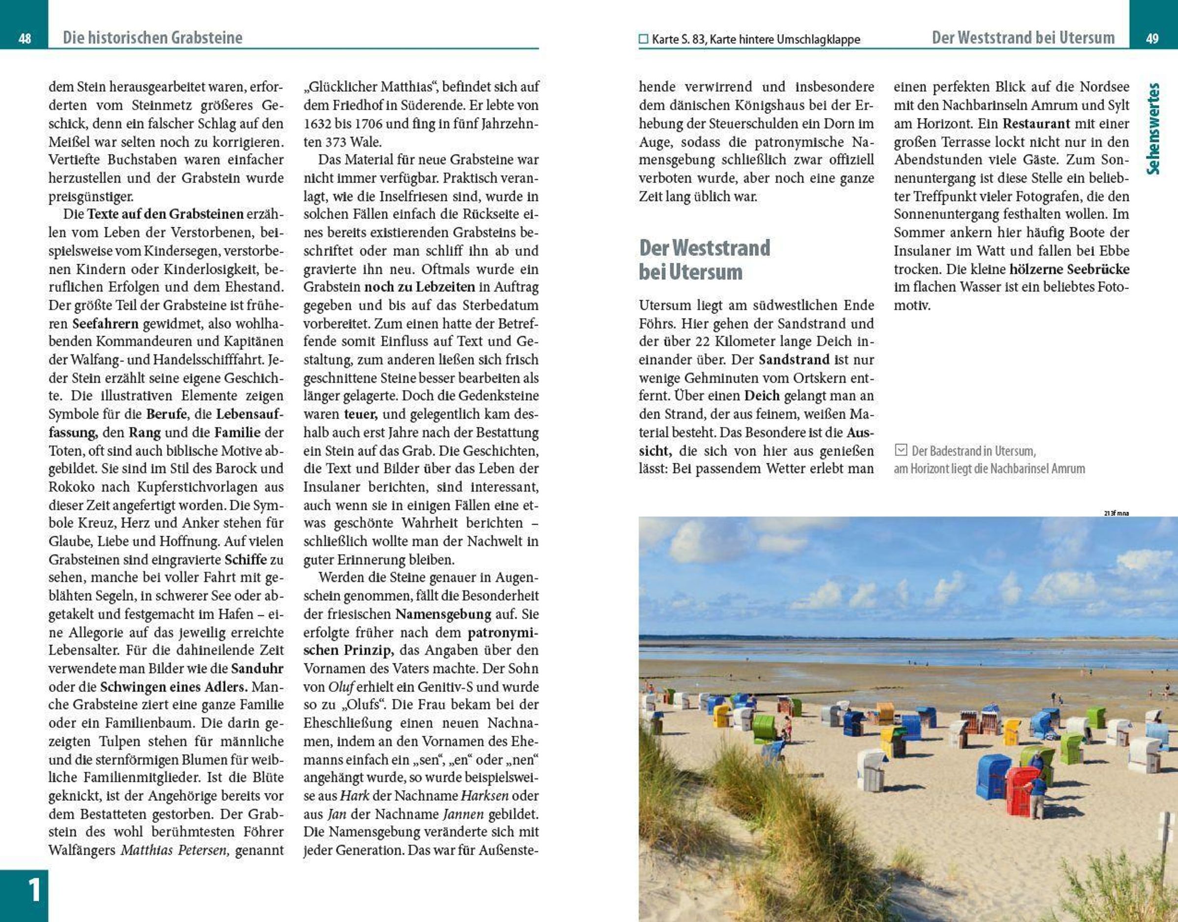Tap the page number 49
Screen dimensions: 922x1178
pyautogui.click(x=1152, y=39)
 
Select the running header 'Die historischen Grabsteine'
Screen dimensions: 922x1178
pyautogui.click(x=152, y=38)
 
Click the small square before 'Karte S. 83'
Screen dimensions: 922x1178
pyautogui.click(x=643, y=39)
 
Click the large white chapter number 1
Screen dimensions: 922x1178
pyautogui.click(x=33, y=890)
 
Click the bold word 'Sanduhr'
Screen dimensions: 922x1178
pyautogui.click(x=257, y=668)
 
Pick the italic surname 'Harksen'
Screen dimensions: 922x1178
pyautogui.click(x=485, y=796)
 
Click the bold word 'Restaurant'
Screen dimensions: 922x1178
pyautogui.click(x=1036, y=124)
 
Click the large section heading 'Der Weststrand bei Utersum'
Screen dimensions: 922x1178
pyautogui.click(x=704, y=260)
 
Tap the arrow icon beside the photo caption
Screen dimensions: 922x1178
pyautogui.click(x=901, y=449)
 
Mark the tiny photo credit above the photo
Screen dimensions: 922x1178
pyautogui.click(x=1116, y=513)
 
